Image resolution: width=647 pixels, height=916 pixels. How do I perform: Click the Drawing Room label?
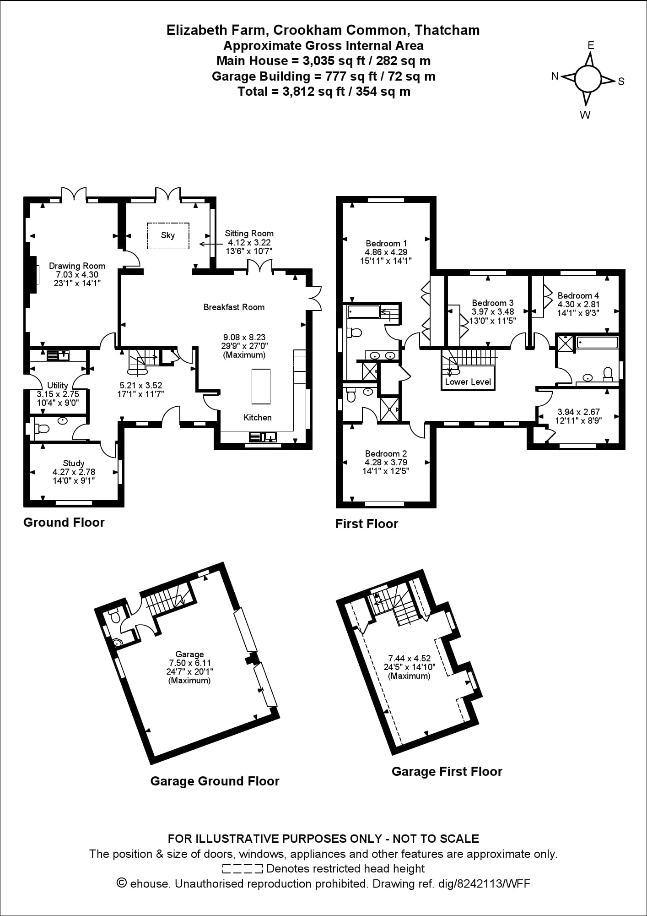coord(77,266)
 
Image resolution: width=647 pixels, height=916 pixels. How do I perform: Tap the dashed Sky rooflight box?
coord(167,235)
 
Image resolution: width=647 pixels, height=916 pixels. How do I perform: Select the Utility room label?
coord(58,385)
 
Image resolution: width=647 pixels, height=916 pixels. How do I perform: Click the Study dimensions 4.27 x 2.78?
coord(74,472)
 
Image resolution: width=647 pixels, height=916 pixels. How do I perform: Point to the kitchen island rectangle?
coord(261,386)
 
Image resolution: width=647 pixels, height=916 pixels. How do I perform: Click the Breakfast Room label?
coord(234,307)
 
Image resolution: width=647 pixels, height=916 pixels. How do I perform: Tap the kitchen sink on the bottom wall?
coord(263,437)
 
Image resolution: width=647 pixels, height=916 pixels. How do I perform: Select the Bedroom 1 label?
coord(386,243)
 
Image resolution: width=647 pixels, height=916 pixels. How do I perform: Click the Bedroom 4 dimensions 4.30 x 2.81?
coord(578,304)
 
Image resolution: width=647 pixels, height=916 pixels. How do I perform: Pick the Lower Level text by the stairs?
coord(468,382)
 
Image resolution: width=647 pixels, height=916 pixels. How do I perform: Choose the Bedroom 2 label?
coord(386,453)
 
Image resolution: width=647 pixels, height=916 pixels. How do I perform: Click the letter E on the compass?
coord(591,45)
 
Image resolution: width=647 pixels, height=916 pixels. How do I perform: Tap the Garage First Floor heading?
coord(447,771)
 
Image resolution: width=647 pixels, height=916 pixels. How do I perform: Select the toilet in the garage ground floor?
coord(115,616)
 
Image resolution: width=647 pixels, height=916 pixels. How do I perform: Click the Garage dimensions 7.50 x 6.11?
coord(189,663)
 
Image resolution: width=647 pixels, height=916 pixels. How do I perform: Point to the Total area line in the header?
coord(323,92)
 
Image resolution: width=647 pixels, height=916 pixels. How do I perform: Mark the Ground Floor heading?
coord(64,522)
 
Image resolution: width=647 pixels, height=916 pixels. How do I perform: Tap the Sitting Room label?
coord(249,234)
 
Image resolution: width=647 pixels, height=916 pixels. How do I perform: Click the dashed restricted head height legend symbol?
coord(242,868)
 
